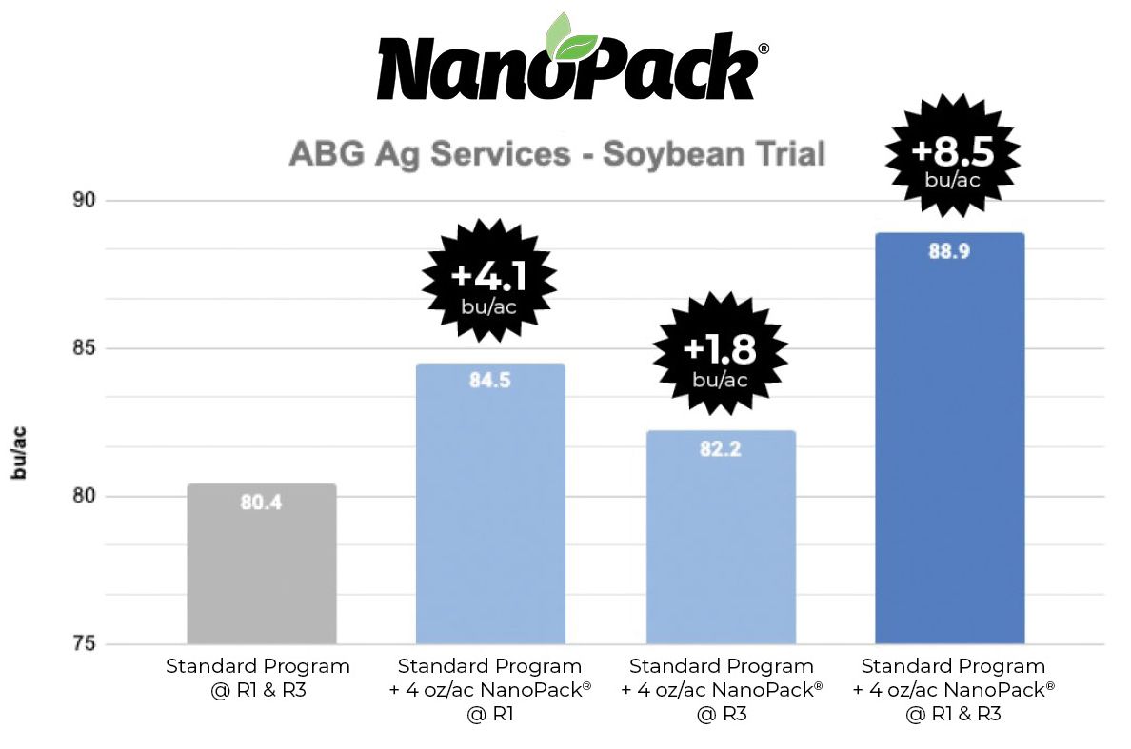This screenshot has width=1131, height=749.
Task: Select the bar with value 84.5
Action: (x=490, y=504)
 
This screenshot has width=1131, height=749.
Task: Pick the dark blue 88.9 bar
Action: (x=949, y=438)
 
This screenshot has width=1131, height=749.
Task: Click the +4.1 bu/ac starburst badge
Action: (x=489, y=282)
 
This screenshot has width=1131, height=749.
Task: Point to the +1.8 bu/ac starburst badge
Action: (x=721, y=355)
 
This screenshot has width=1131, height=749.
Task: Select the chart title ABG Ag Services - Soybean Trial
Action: (x=557, y=154)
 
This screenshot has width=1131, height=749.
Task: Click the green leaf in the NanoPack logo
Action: (x=570, y=37)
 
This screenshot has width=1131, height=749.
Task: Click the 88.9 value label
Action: (x=949, y=251)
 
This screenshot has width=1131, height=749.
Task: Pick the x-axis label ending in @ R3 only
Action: (x=721, y=690)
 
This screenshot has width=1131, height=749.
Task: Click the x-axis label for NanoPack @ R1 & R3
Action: (x=953, y=690)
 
